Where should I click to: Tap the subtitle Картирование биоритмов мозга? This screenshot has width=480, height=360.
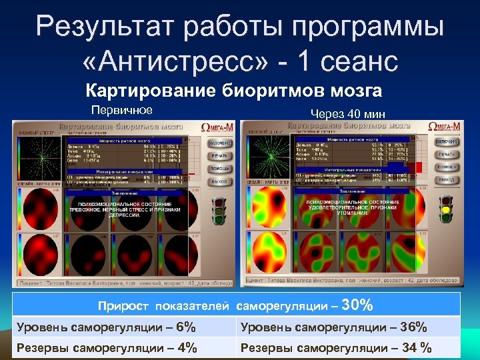(233, 91)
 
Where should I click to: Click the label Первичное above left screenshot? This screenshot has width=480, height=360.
(122, 110)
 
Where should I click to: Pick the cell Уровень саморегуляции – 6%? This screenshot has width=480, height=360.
(106, 327)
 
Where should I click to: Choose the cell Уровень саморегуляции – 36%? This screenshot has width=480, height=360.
(333, 327)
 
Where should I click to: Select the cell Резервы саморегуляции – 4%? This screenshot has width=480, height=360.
(106, 347)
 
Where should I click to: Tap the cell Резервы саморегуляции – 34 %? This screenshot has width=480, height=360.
(336, 347)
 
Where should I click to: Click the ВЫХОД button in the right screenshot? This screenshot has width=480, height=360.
(446, 181)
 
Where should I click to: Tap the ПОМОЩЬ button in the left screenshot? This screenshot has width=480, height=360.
(221, 168)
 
